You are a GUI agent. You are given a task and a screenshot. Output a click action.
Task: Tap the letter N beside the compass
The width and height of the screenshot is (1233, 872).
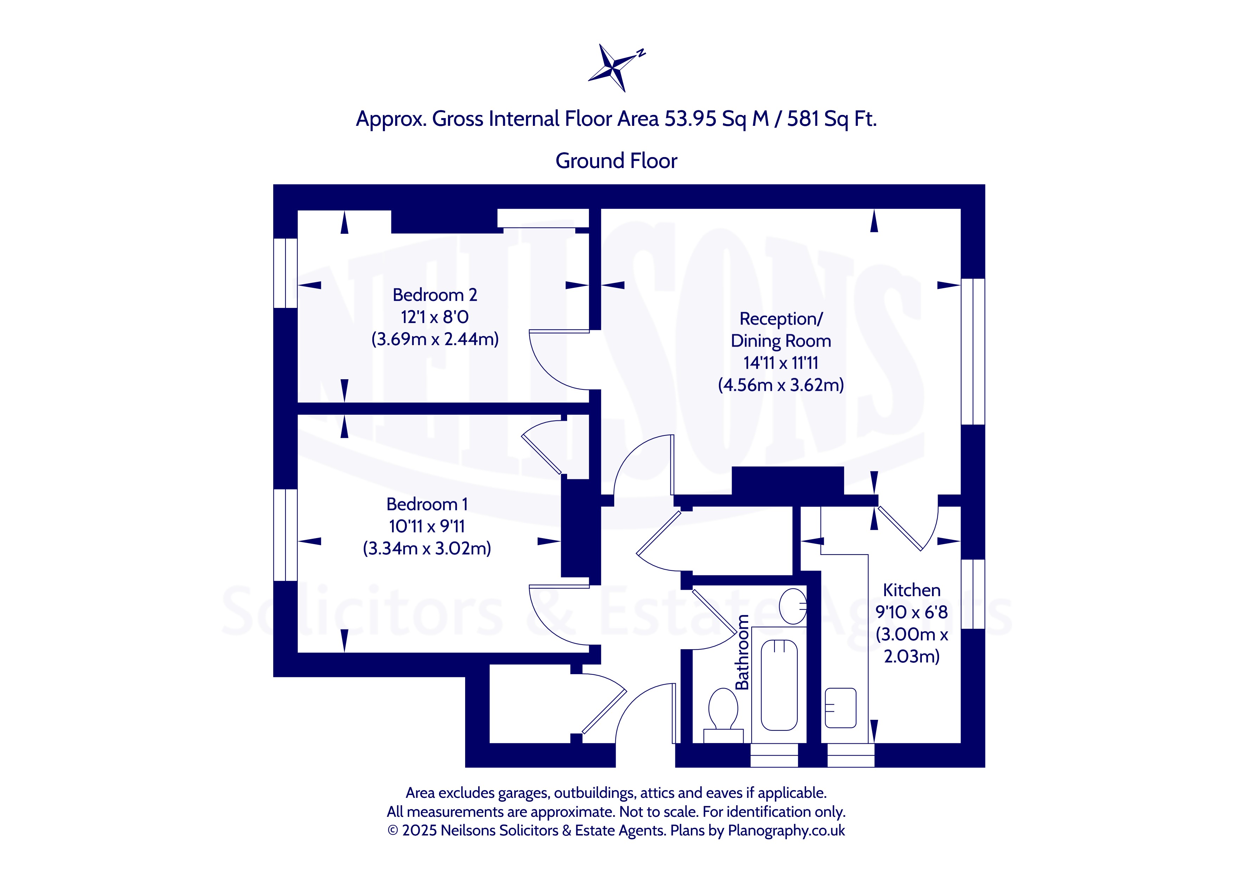(x=641, y=53)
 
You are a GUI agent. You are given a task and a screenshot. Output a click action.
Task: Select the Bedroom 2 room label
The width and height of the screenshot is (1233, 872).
(x=435, y=295)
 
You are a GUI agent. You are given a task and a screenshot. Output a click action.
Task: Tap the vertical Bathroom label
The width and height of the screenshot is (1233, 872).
(x=742, y=652)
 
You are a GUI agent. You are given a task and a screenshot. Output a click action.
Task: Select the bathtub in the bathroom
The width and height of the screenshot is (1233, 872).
(x=779, y=685)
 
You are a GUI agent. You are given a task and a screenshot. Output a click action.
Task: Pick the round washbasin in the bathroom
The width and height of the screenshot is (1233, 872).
(x=792, y=606)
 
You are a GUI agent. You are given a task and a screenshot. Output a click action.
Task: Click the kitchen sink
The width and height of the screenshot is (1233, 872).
(x=840, y=708)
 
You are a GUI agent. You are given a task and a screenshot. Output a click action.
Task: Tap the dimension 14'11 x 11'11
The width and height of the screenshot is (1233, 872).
(x=781, y=363)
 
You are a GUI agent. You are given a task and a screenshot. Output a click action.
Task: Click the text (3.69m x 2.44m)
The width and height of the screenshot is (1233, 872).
(x=435, y=340)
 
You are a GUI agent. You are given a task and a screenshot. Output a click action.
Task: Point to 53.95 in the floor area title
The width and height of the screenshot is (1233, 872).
(x=690, y=119)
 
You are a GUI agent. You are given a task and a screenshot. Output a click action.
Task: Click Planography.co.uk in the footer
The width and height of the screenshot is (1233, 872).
(x=786, y=831)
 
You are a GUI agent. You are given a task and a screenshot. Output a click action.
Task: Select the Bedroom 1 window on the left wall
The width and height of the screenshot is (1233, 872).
(x=286, y=535)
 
